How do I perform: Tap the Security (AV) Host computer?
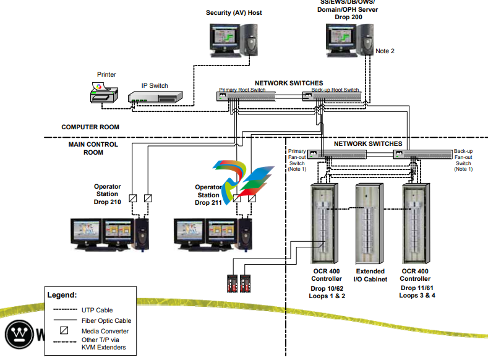[x=233, y=41]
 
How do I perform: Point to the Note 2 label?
[x=385, y=51]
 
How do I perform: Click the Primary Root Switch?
[x=242, y=96]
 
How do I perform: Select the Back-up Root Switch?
[x=332, y=96]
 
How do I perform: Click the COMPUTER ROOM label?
[x=90, y=127]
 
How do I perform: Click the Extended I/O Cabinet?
[x=370, y=223]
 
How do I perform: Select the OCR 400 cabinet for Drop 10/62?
[x=326, y=223]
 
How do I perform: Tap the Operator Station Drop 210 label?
[x=107, y=194]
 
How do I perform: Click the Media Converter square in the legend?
[x=64, y=330]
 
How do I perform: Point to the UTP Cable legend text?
[x=97, y=310]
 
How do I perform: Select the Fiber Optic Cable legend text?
[x=106, y=320]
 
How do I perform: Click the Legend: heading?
[x=62, y=295]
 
